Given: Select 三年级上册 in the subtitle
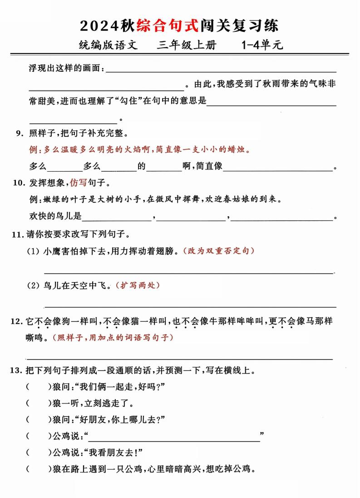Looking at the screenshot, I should coord(187,45).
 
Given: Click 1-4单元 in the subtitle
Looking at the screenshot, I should coord(262,45).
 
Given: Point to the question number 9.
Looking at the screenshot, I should coord(19,133).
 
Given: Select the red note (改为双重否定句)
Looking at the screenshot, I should coord(218,251).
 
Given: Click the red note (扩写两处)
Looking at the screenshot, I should coord(138,285).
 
